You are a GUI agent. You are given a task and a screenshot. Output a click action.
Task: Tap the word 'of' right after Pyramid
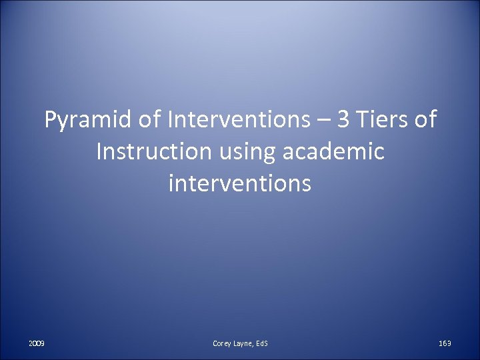tap(152, 121)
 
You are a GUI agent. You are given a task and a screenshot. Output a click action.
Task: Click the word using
tap(245, 153)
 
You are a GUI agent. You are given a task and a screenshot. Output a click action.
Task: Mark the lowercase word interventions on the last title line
tap(240, 182)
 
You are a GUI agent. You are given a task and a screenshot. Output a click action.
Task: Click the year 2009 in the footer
tap(37, 343)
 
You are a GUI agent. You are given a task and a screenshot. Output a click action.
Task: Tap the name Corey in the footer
tap(223, 343)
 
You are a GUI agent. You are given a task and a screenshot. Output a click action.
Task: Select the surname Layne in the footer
tap(244, 343)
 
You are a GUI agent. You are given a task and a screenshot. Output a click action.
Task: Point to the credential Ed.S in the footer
tap(261, 343)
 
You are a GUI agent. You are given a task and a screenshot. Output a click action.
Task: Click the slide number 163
tap(445, 343)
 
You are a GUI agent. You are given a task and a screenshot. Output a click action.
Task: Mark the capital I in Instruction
tap(99, 151)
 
